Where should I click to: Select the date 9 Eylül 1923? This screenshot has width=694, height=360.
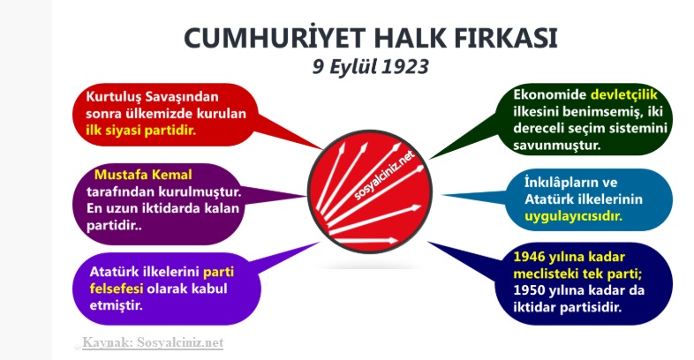tap(371, 67)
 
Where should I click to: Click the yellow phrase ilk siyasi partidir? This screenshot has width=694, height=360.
tap(140, 131)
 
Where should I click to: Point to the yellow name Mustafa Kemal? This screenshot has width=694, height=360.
tap(143, 175)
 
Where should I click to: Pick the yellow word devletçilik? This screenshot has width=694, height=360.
tap(624, 94)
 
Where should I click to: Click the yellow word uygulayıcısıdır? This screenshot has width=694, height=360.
tap(574, 216)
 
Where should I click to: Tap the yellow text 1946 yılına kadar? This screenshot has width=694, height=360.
tap(570, 257)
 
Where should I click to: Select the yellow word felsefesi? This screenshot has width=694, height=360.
tap(117, 289)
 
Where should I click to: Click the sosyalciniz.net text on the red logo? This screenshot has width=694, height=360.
tap(385, 175)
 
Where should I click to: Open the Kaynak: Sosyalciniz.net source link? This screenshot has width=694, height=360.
tap(153, 342)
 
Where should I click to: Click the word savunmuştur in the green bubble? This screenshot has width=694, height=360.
tap(557, 145)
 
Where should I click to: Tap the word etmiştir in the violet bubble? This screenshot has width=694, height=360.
tap(117, 305)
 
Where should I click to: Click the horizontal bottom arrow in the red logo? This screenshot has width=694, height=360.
tap(366, 241)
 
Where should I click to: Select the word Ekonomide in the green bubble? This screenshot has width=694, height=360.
tap(550, 94)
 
